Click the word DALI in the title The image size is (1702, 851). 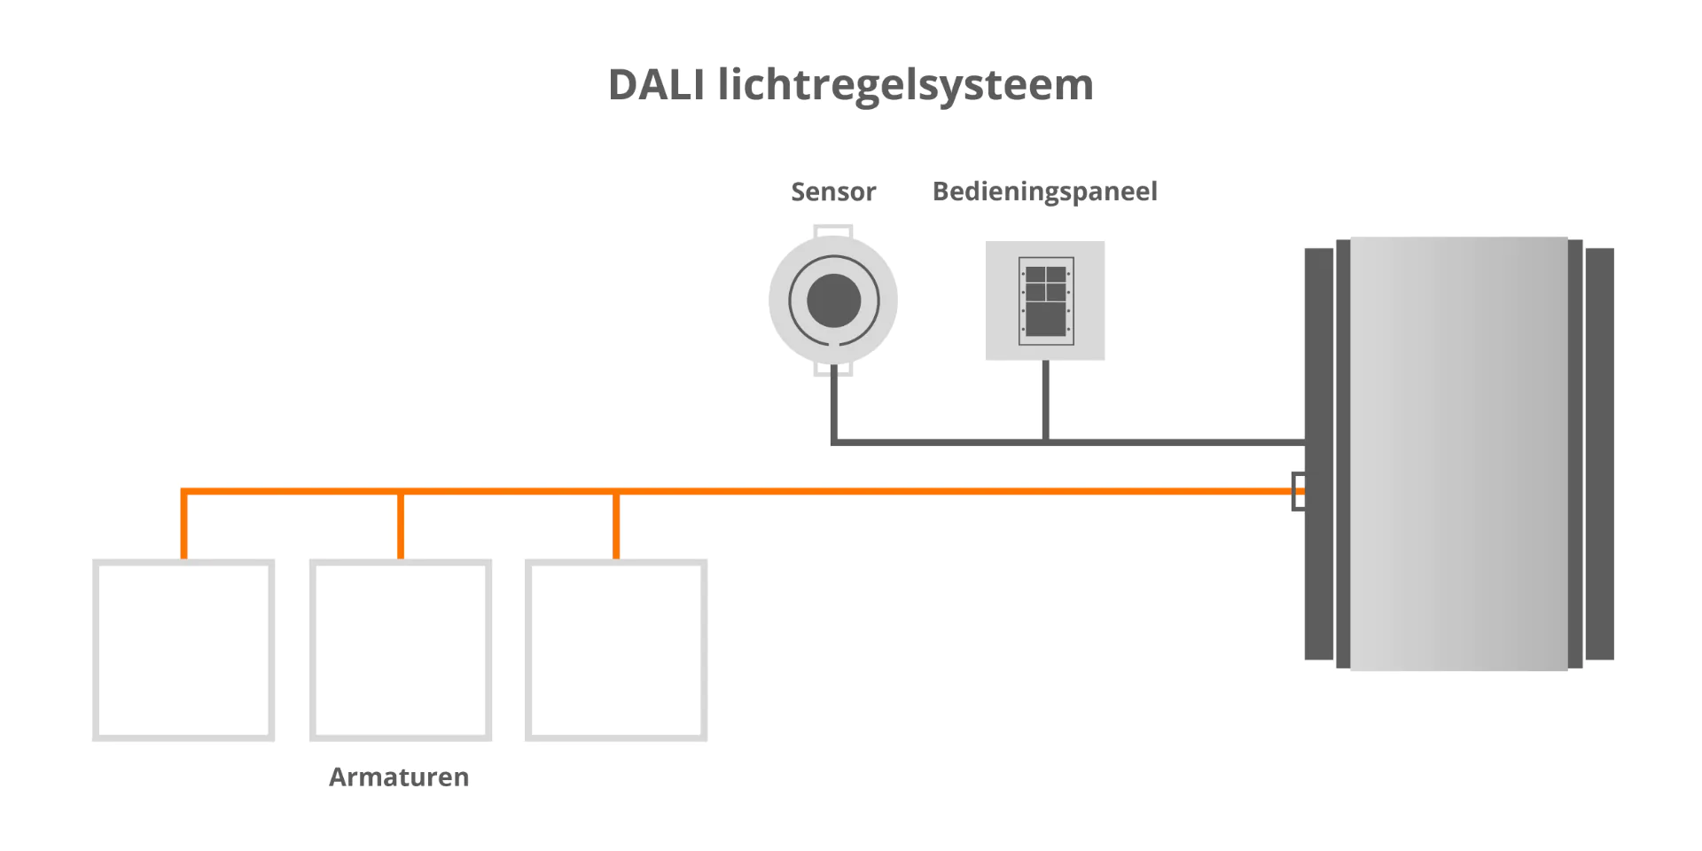(x=656, y=85)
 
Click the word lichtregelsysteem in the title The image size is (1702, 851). (x=905, y=85)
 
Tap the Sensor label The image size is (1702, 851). (x=833, y=191)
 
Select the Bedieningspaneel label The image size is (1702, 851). (x=1044, y=191)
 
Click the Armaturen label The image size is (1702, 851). (x=399, y=777)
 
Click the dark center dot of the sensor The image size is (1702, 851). (x=833, y=301)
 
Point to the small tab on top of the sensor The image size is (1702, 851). (x=833, y=232)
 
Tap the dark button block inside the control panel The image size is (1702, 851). (x=1046, y=301)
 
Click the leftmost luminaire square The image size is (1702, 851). (x=183, y=650)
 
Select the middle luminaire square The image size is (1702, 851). (x=401, y=650)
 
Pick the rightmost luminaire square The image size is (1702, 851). (x=616, y=650)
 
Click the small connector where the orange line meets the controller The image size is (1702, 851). (x=1299, y=491)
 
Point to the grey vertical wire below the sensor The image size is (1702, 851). (x=834, y=408)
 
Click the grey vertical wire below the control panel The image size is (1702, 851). (x=1046, y=399)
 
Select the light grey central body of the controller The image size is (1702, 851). (x=1458, y=452)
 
